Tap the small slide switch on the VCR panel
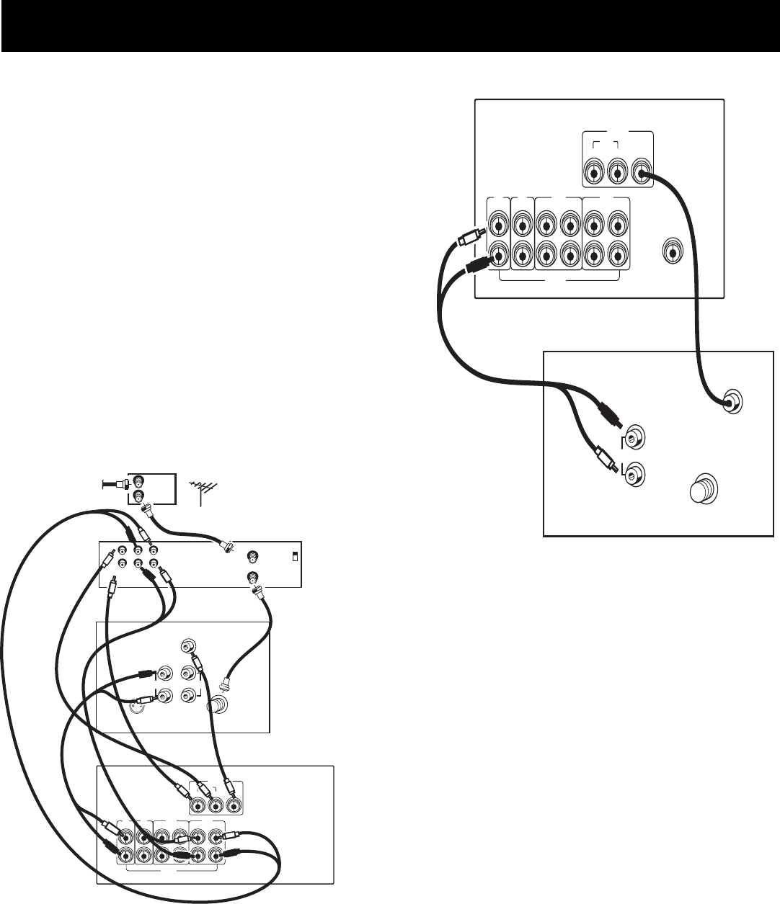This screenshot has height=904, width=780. coord(294,556)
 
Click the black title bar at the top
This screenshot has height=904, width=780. coord(390,26)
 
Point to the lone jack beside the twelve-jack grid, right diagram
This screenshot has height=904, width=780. coord(671,253)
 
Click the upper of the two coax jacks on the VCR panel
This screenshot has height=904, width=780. coord(253,556)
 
